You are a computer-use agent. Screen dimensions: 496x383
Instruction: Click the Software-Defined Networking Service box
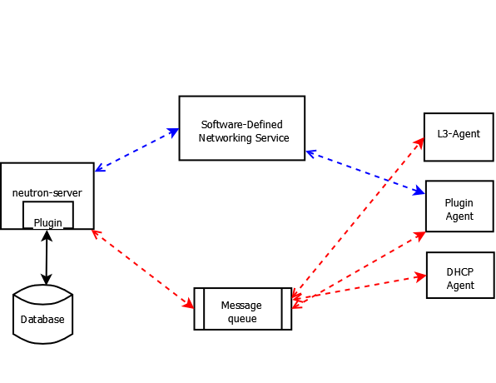[242, 128]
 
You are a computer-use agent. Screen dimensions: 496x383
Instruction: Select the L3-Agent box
[459, 137]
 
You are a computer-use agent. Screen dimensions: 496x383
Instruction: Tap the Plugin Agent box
[459, 206]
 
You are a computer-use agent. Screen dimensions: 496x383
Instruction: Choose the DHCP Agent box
[460, 275]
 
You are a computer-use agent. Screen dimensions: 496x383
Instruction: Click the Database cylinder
[43, 314]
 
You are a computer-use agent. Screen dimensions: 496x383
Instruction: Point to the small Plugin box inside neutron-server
[48, 215]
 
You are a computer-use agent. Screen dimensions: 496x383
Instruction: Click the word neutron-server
[47, 193]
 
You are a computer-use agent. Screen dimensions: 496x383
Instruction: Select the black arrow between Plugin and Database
[47, 257]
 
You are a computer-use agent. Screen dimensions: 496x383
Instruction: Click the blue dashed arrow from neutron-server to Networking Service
[137, 150]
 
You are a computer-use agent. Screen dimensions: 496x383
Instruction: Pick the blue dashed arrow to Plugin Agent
[365, 172]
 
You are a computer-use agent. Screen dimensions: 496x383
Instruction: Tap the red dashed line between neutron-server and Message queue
[142, 269]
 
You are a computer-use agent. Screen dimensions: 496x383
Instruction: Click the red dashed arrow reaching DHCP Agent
[360, 290]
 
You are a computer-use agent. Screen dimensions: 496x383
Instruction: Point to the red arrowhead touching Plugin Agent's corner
[420, 236]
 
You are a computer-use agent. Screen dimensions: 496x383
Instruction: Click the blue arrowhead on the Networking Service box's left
[173, 132]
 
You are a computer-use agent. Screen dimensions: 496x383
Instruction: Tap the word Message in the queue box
[241, 305]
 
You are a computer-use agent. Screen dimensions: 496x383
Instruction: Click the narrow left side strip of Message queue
[199, 309]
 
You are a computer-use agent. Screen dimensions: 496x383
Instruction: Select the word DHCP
[460, 272]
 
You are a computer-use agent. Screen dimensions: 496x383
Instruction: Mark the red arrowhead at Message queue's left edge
[189, 304]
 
